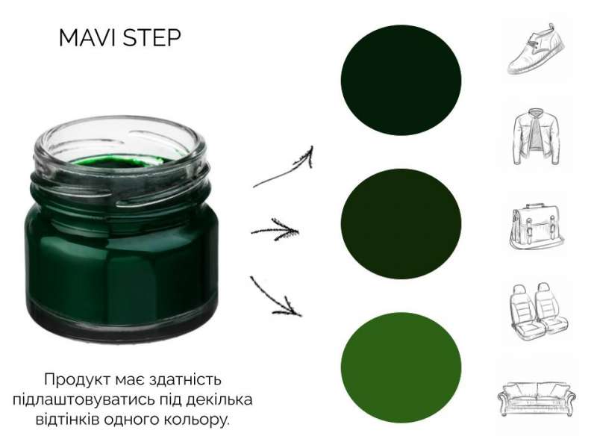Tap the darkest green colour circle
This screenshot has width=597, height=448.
pyautogui.click(x=401, y=80)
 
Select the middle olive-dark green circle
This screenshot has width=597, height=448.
pyautogui.click(x=401, y=223)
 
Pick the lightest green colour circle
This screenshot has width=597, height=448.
pyautogui.click(x=401, y=367)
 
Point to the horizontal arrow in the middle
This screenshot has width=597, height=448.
pyautogui.click(x=275, y=230)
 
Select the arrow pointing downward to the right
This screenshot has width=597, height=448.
pyautogui.click(x=275, y=296)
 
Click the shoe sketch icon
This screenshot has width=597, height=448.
pyautogui.click(x=536, y=49)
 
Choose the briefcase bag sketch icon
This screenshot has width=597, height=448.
pyautogui.click(x=537, y=227)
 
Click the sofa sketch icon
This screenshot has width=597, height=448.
pyautogui.click(x=537, y=399)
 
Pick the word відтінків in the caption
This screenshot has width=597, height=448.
pyautogui.click(x=66, y=420)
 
